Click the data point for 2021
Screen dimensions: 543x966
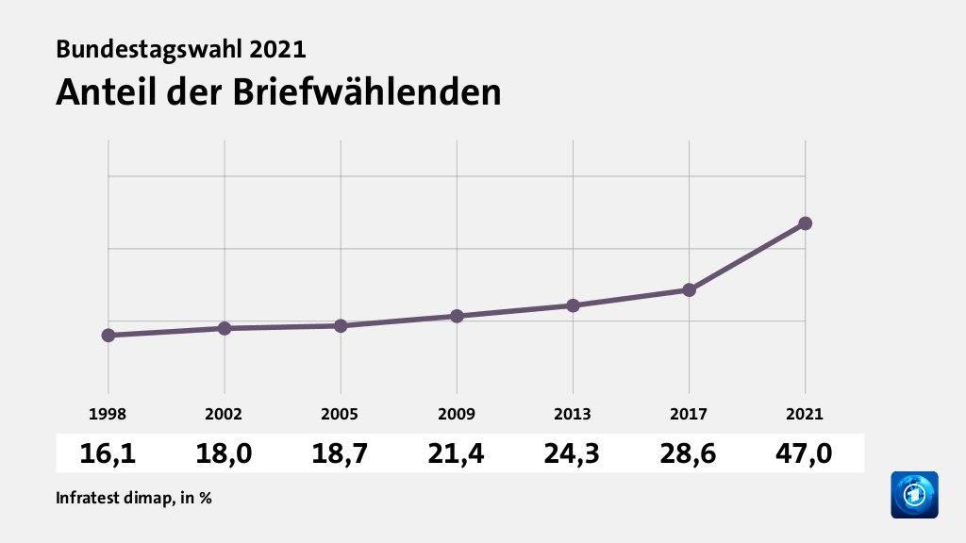point(805,223)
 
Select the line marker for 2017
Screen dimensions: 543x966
point(689,289)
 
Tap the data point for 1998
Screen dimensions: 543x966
point(108,336)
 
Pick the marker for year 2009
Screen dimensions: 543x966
point(457,316)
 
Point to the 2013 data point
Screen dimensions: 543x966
point(573,305)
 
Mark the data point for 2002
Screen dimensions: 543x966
point(225,328)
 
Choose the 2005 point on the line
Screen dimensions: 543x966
point(341,326)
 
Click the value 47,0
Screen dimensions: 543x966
point(805,453)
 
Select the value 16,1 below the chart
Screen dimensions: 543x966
point(108,453)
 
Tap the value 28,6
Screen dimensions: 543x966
point(689,453)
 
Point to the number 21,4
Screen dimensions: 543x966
point(457,453)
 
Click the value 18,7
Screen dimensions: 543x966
point(341,453)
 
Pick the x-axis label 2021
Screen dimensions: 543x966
point(805,414)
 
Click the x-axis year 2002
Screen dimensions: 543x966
point(225,414)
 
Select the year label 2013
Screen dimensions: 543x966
point(573,414)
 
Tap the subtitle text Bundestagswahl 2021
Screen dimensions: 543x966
point(181,48)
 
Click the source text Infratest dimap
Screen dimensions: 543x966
point(113,498)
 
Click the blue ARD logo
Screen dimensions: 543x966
point(914,495)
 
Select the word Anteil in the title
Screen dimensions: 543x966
point(101,92)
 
